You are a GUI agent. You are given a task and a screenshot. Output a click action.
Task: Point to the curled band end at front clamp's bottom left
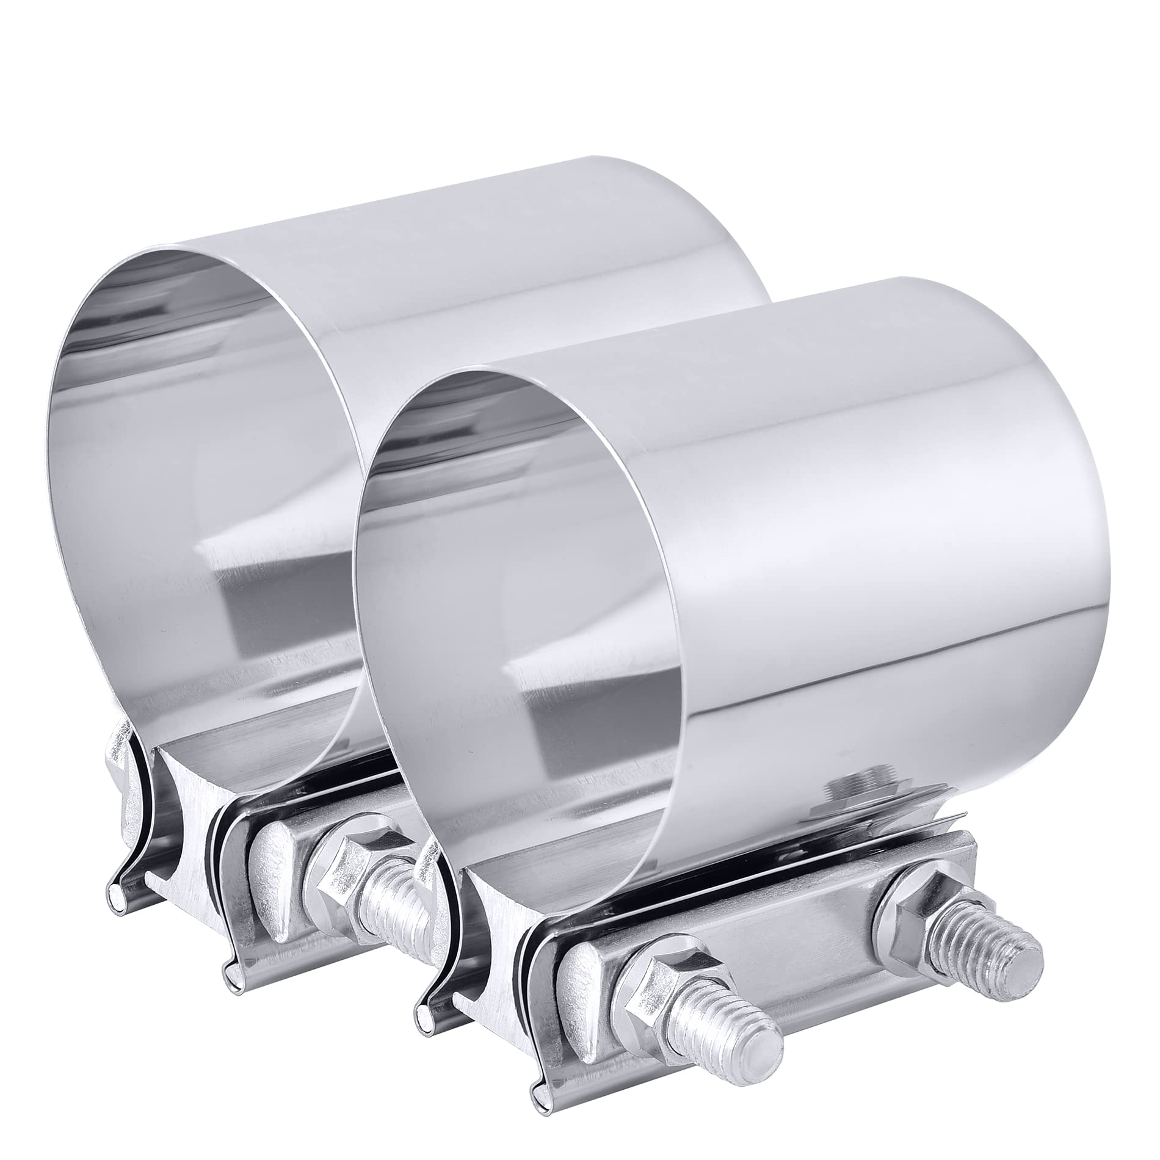pyautogui.click(x=421, y=1032)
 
